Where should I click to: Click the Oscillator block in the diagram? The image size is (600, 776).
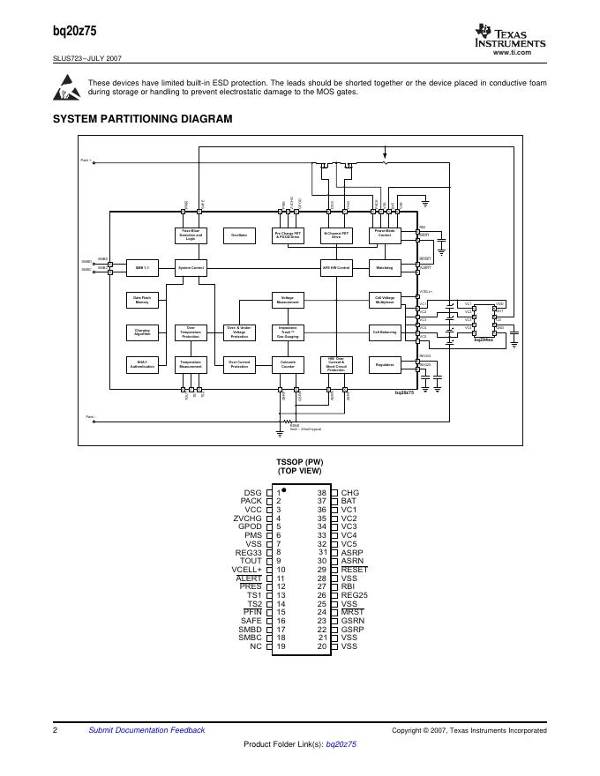point(239,235)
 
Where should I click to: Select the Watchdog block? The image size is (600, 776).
point(384,267)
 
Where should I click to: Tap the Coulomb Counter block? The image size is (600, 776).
point(288,362)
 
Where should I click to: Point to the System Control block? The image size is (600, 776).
point(191,267)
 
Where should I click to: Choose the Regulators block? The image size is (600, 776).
point(384,362)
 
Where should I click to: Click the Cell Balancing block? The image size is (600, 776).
point(384,332)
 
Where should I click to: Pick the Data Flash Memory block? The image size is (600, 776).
point(142,300)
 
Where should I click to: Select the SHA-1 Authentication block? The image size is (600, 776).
point(142,362)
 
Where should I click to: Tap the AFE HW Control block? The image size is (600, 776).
point(336,267)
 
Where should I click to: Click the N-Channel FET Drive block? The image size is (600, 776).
point(336,235)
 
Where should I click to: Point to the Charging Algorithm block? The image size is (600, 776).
point(142,332)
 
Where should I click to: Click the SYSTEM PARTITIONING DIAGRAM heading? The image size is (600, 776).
point(143,119)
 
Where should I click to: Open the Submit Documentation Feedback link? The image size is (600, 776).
point(146,730)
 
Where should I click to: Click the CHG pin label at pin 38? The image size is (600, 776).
point(350,493)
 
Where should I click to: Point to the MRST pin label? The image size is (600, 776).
point(352,612)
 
